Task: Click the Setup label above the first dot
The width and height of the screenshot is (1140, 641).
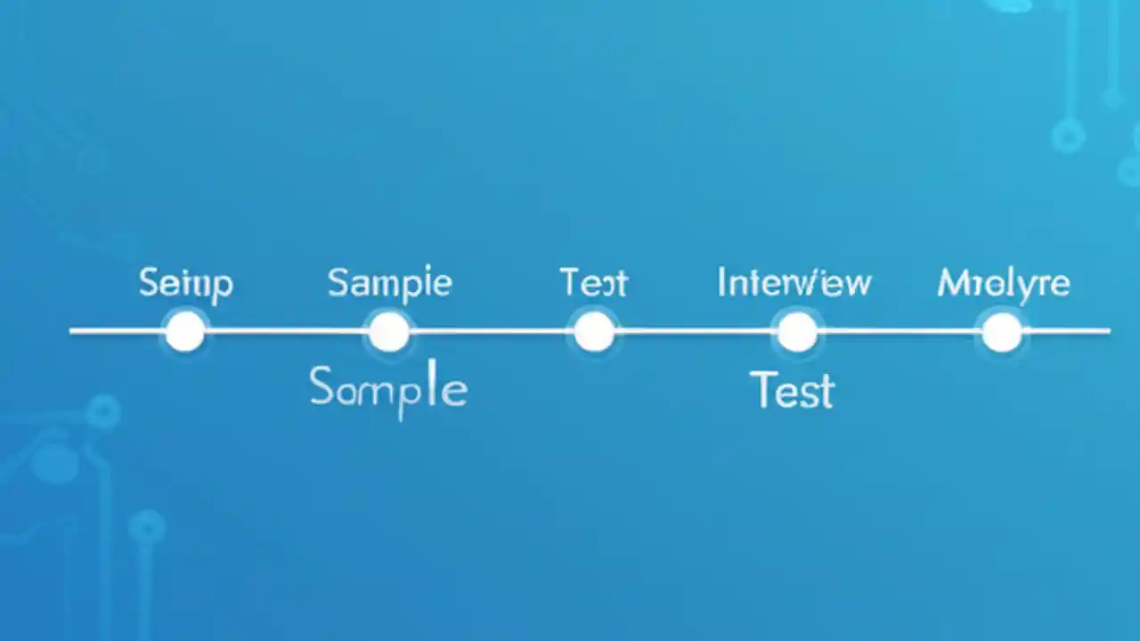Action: [x=186, y=284]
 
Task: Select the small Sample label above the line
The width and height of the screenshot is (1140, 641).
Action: [x=389, y=284]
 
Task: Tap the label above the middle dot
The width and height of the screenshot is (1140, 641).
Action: [x=593, y=283]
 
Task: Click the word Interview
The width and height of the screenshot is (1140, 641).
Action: [x=794, y=283]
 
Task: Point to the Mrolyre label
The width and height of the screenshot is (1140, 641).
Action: [x=1003, y=284]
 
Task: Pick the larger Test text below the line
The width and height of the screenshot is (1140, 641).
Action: [x=792, y=391]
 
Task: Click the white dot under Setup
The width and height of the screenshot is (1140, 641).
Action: [x=185, y=331]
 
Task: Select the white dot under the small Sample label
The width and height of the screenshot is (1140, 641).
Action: [x=389, y=332]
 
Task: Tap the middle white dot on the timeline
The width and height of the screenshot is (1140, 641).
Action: [x=593, y=332]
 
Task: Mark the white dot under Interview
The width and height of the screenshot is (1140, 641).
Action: [x=797, y=332]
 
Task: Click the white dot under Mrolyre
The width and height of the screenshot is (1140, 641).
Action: [x=1002, y=332]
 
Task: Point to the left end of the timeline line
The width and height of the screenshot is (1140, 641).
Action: [x=73, y=331]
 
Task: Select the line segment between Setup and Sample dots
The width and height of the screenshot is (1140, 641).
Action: [x=287, y=331]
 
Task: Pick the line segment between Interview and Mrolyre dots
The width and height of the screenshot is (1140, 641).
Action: [x=900, y=331]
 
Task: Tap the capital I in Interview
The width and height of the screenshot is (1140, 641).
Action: [x=721, y=283]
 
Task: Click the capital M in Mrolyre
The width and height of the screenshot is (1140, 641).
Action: [x=950, y=284]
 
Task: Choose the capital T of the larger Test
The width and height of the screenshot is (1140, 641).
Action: [x=762, y=389]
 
